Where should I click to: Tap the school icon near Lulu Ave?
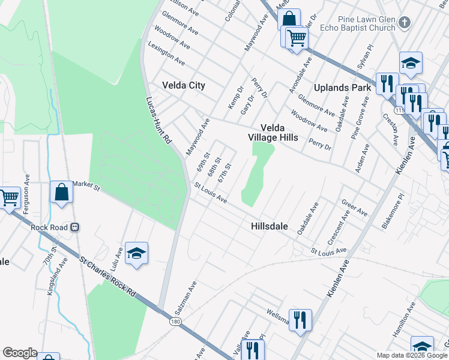pyautogui.click(x=136, y=254)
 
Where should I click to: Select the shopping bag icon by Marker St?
pyautogui.click(x=62, y=193)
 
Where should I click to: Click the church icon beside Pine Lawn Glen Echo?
pyautogui.click(x=405, y=23)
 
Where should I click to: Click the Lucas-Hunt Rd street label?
pyautogui.click(x=159, y=120)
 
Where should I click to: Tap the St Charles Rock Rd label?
pyautogui.click(x=107, y=275)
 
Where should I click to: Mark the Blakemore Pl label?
pyautogui.click(x=393, y=211)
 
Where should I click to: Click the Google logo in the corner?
pyautogui.click(x=20, y=353)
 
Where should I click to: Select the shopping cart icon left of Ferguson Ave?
pyautogui.click(x=8, y=197)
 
